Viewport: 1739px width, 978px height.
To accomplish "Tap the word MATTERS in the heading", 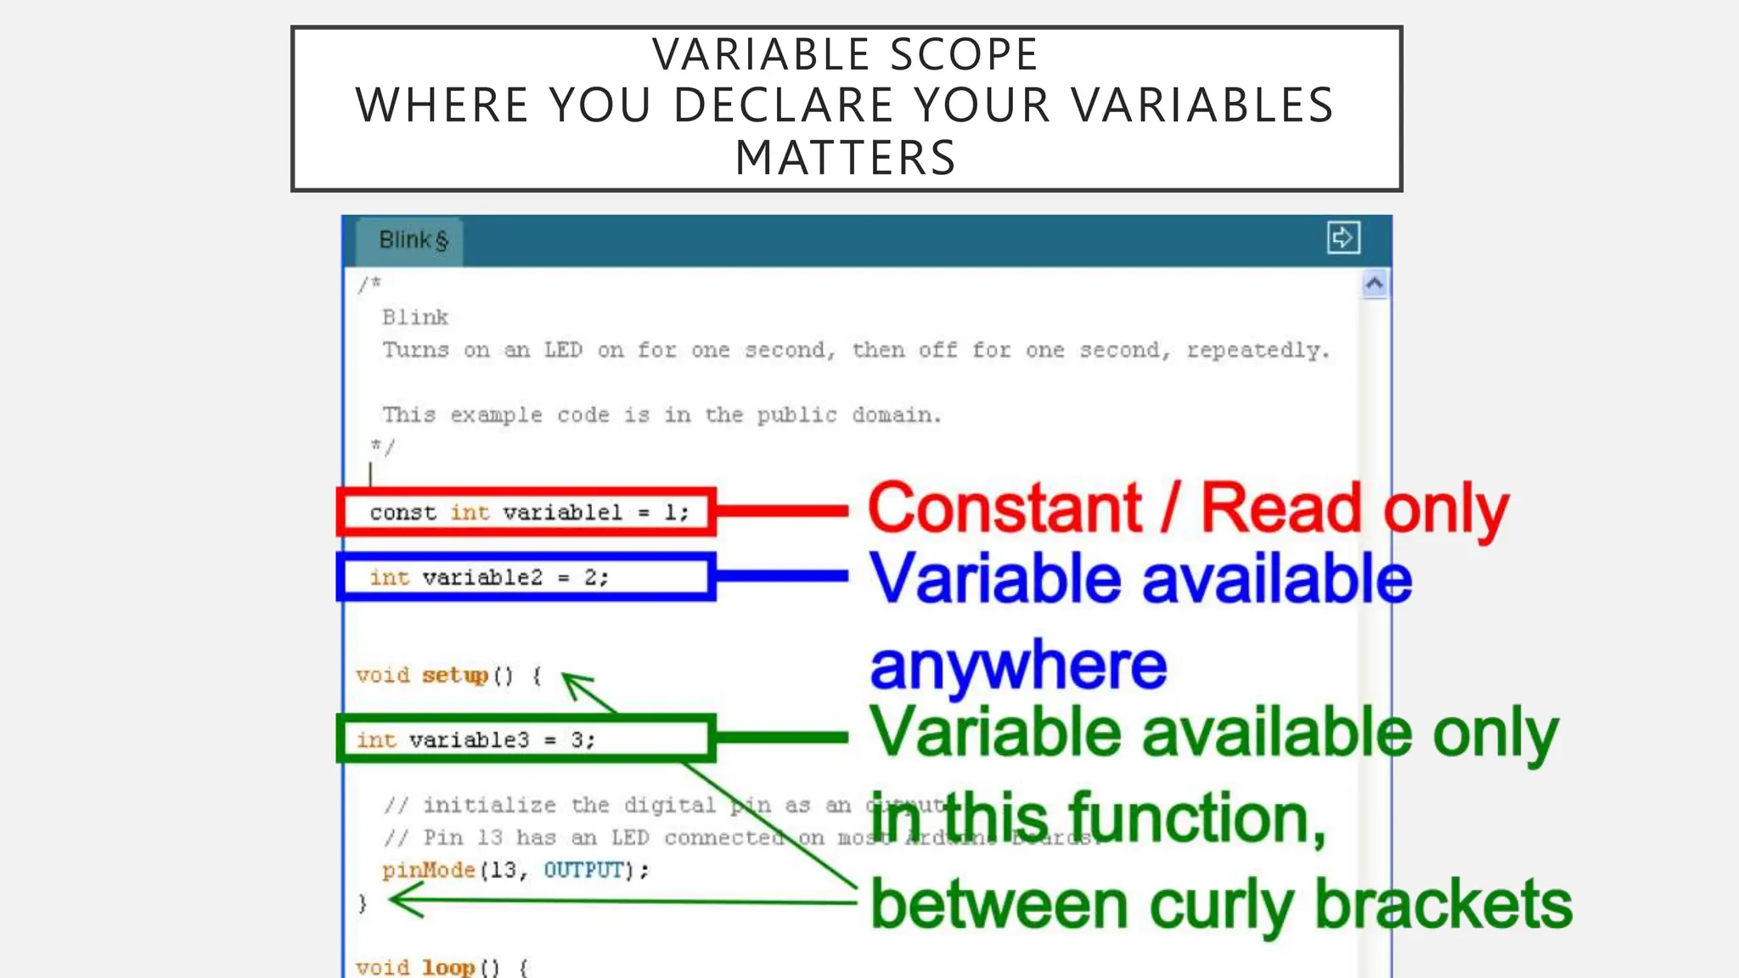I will coord(846,159).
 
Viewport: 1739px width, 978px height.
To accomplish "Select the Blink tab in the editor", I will coord(413,240).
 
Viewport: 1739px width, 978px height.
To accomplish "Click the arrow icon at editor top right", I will coord(1342,238).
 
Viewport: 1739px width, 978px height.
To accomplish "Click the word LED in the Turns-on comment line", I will coord(563,350).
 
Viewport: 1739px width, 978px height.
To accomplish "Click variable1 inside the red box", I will coord(562,513).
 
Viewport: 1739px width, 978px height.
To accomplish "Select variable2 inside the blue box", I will coord(481,578).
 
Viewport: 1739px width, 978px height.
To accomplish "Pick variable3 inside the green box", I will coord(469,740).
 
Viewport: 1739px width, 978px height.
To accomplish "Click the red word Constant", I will coord(1005,509).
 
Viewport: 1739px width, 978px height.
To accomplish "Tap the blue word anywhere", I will coord(1018,666).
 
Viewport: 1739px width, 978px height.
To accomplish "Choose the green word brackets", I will coord(1443,905).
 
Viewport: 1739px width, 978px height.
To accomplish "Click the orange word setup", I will coord(454,676).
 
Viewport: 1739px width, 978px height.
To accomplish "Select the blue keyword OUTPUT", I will coord(583,870).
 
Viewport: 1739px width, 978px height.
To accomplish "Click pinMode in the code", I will coord(428,870).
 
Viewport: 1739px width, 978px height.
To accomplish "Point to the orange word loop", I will coord(448,967).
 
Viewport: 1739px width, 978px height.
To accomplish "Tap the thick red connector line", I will coord(781,511).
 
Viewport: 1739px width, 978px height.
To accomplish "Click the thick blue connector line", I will coord(781,576).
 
